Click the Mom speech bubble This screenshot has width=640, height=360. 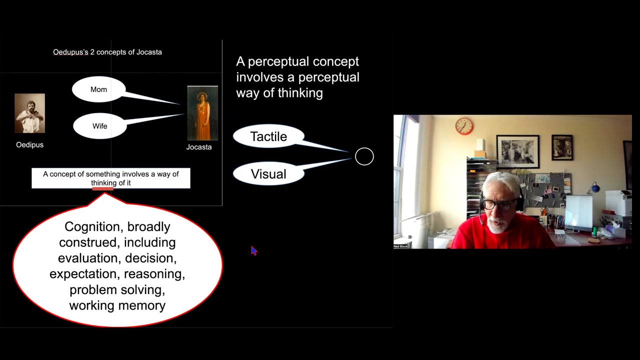click(98, 89)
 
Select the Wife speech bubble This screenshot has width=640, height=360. click(99, 126)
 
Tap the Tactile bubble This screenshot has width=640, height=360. click(268, 136)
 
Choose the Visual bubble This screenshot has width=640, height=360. click(268, 174)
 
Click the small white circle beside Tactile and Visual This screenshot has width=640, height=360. click(364, 156)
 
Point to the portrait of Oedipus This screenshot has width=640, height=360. click(29, 113)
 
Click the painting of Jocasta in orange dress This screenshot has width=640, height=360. click(202, 113)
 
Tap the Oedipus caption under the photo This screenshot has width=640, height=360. click(29, 145)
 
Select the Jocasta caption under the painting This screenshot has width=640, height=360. click(199, 147)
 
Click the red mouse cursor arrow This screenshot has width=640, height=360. click(253, 250)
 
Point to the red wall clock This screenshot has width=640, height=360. click(464, 126)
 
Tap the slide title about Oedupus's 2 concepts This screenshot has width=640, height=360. click(107, 52)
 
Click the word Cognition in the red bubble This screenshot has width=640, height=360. click(92, 227)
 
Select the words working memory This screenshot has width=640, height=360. click(117, 305)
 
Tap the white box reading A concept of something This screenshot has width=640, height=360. click(110, 178)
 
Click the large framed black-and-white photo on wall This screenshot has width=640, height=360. click(517, 151)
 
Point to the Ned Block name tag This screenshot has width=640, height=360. click(400, 246)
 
